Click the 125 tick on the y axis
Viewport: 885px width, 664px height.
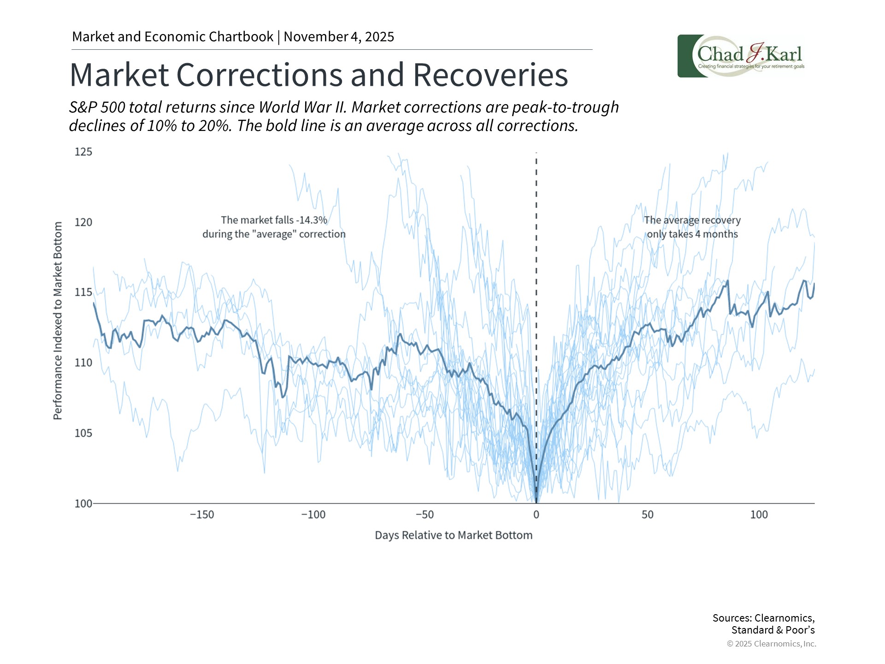coord(83,152)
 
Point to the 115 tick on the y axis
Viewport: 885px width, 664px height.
coord(83,292)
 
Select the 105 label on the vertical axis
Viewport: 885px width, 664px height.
coord(83,433)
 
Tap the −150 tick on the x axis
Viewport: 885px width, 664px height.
coord(202,515)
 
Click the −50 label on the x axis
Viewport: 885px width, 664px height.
coord(425,515)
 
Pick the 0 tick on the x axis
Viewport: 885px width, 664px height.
coord(536,515)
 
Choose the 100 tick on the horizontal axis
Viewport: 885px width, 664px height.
coord(759,515)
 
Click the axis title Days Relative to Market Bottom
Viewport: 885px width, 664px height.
coord(454,535)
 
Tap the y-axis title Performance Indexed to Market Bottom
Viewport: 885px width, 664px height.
coord(58,320)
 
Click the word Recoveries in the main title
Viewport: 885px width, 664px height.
coord(490,75)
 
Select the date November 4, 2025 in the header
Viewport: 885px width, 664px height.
coord(339,37)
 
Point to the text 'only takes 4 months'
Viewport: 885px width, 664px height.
coord(692,234)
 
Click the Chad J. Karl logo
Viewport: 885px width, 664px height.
coord(742,56)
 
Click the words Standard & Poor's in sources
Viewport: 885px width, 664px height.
coord(773,630)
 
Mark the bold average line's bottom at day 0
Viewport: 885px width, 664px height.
coord(536,502)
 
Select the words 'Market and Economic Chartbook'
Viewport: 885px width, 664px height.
coord(173,37)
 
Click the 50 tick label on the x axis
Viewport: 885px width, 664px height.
coord(647,515)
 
